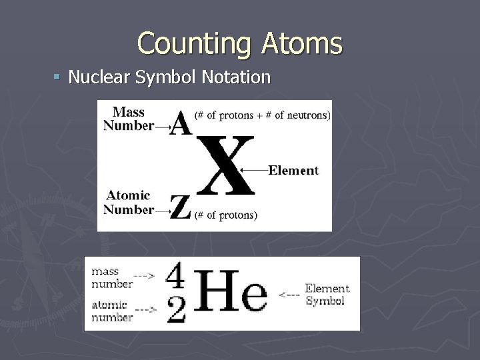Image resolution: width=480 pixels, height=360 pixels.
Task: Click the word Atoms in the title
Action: point(303,44)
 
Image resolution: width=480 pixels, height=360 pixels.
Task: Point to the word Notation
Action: point(236,78)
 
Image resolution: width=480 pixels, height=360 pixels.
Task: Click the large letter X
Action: point(227,165)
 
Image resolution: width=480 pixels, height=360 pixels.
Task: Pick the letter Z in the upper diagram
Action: point(180,207)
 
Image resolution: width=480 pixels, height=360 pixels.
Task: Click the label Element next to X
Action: point(293,170)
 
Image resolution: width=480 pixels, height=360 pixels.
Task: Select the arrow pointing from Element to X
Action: point(254,170)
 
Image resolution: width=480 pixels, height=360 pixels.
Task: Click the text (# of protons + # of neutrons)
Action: point(262,115)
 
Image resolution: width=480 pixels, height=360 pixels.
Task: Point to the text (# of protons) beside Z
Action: point(225,215)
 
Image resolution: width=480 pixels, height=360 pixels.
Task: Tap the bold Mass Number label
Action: point(129,119)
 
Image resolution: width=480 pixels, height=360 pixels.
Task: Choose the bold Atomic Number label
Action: point(129,202)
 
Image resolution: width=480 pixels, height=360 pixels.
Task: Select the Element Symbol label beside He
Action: point(327,294)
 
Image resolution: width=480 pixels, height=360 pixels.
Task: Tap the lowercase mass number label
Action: point(111,277)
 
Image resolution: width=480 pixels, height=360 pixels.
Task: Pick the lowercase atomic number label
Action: point(111,311)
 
